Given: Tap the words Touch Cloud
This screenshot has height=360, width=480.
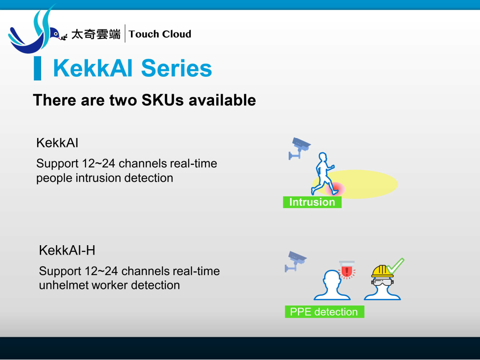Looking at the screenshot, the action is [x=160, y=34].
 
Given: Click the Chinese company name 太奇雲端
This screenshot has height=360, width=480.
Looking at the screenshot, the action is [x=96, y=34].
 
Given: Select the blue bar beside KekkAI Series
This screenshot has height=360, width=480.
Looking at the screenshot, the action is [x=38, y=68].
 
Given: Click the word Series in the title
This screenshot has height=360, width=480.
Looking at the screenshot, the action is [x=177, y=68].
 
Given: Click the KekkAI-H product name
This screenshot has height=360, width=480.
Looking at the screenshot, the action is [x=67, y=250].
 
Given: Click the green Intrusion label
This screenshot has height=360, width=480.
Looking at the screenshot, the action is [x=312, y=202].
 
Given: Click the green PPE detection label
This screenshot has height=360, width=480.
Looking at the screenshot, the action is [x=324, y=312].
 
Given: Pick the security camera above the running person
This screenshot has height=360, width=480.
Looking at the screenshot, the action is [x=299, y=148].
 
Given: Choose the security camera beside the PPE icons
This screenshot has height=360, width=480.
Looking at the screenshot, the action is [x=295, y=261].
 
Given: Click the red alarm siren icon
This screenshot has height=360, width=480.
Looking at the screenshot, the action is [x=346, y=270].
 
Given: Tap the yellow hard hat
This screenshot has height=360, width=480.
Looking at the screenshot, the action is [x=382, y=272].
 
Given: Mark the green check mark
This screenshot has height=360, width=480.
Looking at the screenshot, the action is [x=395, y=266].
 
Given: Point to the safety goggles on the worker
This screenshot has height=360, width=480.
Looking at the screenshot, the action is [x=383, y=282].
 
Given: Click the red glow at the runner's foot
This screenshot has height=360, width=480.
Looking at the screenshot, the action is [x=335, y=189].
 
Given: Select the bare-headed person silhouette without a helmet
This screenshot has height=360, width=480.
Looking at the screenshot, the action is [x=332, y=285].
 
